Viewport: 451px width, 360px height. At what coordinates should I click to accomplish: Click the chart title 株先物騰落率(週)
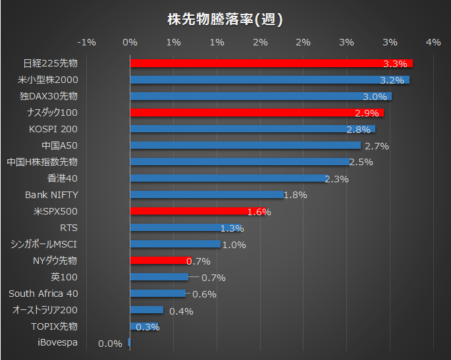225,19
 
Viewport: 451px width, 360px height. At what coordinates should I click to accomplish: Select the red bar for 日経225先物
271,63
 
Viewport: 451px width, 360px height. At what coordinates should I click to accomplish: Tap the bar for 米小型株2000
270,80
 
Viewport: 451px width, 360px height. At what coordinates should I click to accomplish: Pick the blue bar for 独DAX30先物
261,96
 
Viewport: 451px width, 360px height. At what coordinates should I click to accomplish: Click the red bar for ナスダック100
257,113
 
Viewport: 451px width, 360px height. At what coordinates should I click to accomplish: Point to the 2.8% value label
359,129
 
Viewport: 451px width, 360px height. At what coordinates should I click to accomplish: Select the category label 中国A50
59,145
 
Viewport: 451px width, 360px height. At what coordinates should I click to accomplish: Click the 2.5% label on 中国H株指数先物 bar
361,162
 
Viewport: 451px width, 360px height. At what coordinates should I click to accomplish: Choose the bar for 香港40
228,178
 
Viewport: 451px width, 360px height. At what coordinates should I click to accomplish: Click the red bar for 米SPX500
188,211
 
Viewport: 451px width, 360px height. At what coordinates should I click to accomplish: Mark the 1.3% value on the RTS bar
232,228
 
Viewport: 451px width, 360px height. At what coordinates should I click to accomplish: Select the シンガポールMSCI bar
175,244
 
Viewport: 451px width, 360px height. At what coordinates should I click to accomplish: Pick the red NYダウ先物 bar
161,261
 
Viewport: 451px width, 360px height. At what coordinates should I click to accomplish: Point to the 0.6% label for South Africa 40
204,294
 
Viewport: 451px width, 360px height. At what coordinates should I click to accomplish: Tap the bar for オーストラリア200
147,310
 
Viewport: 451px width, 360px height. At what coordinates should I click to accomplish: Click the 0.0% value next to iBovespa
110,343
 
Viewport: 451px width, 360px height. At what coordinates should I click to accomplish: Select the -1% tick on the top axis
87,42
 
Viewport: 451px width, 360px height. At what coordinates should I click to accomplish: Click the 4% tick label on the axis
433,42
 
